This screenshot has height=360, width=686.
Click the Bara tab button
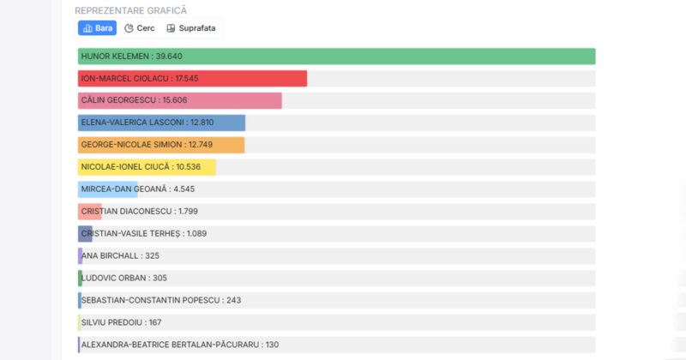coord(97,28)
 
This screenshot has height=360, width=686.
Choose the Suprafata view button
coord(191,28)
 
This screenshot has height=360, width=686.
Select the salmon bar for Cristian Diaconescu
coord(90,211)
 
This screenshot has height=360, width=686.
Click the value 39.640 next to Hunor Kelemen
coord(169,57)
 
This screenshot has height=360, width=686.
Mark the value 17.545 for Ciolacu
coord(185,78)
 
